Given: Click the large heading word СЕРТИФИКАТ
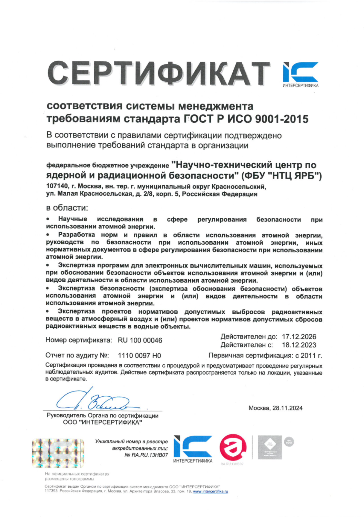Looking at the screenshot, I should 159,73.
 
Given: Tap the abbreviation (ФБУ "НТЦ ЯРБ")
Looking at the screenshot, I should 282,176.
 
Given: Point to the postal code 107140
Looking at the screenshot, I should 57,186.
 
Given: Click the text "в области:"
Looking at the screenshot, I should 67,208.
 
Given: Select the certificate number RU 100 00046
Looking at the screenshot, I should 140,341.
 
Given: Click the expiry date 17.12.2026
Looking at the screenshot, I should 299,337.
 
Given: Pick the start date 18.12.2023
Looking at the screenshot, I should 299,345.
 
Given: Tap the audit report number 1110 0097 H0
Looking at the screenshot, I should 139,356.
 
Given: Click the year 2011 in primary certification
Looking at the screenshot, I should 309,356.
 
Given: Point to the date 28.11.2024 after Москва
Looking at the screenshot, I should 287,408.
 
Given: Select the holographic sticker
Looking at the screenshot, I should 58,453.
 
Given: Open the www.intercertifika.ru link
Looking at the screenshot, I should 210,491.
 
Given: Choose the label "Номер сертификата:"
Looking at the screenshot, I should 79,341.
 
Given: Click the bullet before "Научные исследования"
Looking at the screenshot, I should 48,219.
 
